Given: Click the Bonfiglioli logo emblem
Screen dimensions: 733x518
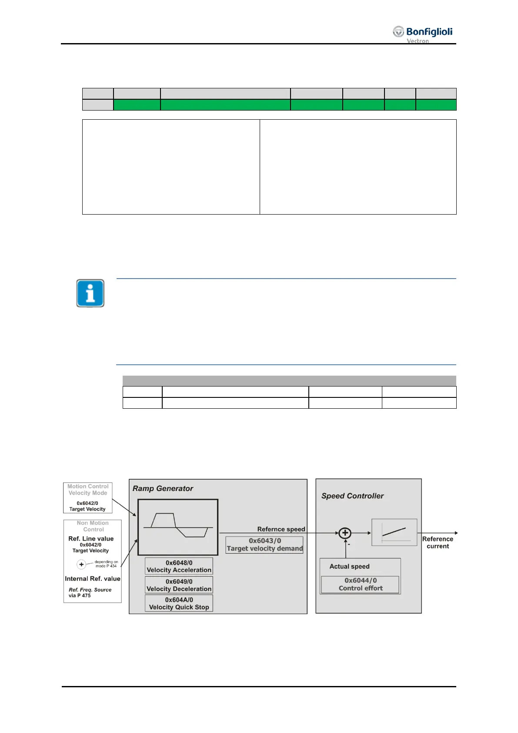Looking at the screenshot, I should pos(398,31).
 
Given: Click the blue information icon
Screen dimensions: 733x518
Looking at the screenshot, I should pos(90,293).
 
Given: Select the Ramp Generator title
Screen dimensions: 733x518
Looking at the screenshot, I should pos(163,488).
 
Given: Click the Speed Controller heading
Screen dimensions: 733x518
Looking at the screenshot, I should pos(352,496).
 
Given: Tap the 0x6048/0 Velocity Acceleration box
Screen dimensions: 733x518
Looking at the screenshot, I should pos(179,566).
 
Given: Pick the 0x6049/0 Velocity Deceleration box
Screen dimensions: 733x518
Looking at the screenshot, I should pos(179,585).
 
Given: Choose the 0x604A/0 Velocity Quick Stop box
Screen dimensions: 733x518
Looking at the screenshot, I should pos(179,603).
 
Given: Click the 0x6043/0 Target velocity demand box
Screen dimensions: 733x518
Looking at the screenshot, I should pos(264,545).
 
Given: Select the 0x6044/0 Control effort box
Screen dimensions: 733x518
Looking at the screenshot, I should pos(361,584).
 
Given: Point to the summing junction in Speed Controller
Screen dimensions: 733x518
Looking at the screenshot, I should pos(345,533).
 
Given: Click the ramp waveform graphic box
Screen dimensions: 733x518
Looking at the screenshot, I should pos(178,527).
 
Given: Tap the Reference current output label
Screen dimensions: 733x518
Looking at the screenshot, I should pos(438,542).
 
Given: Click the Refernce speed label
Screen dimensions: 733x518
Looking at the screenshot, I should pos(281,529).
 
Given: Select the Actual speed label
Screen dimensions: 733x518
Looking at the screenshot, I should pos(349,566).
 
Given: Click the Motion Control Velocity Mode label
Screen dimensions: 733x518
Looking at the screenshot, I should pos(88,490).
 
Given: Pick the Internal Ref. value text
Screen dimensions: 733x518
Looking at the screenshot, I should pos(92,578).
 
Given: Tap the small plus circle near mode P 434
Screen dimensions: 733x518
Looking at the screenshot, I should pos(81,565).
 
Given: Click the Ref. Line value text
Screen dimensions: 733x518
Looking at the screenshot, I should pos(91,538).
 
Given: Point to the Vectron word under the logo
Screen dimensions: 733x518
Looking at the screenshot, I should pos(418,41).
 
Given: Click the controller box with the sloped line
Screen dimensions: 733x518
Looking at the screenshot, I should pos(394,532).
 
